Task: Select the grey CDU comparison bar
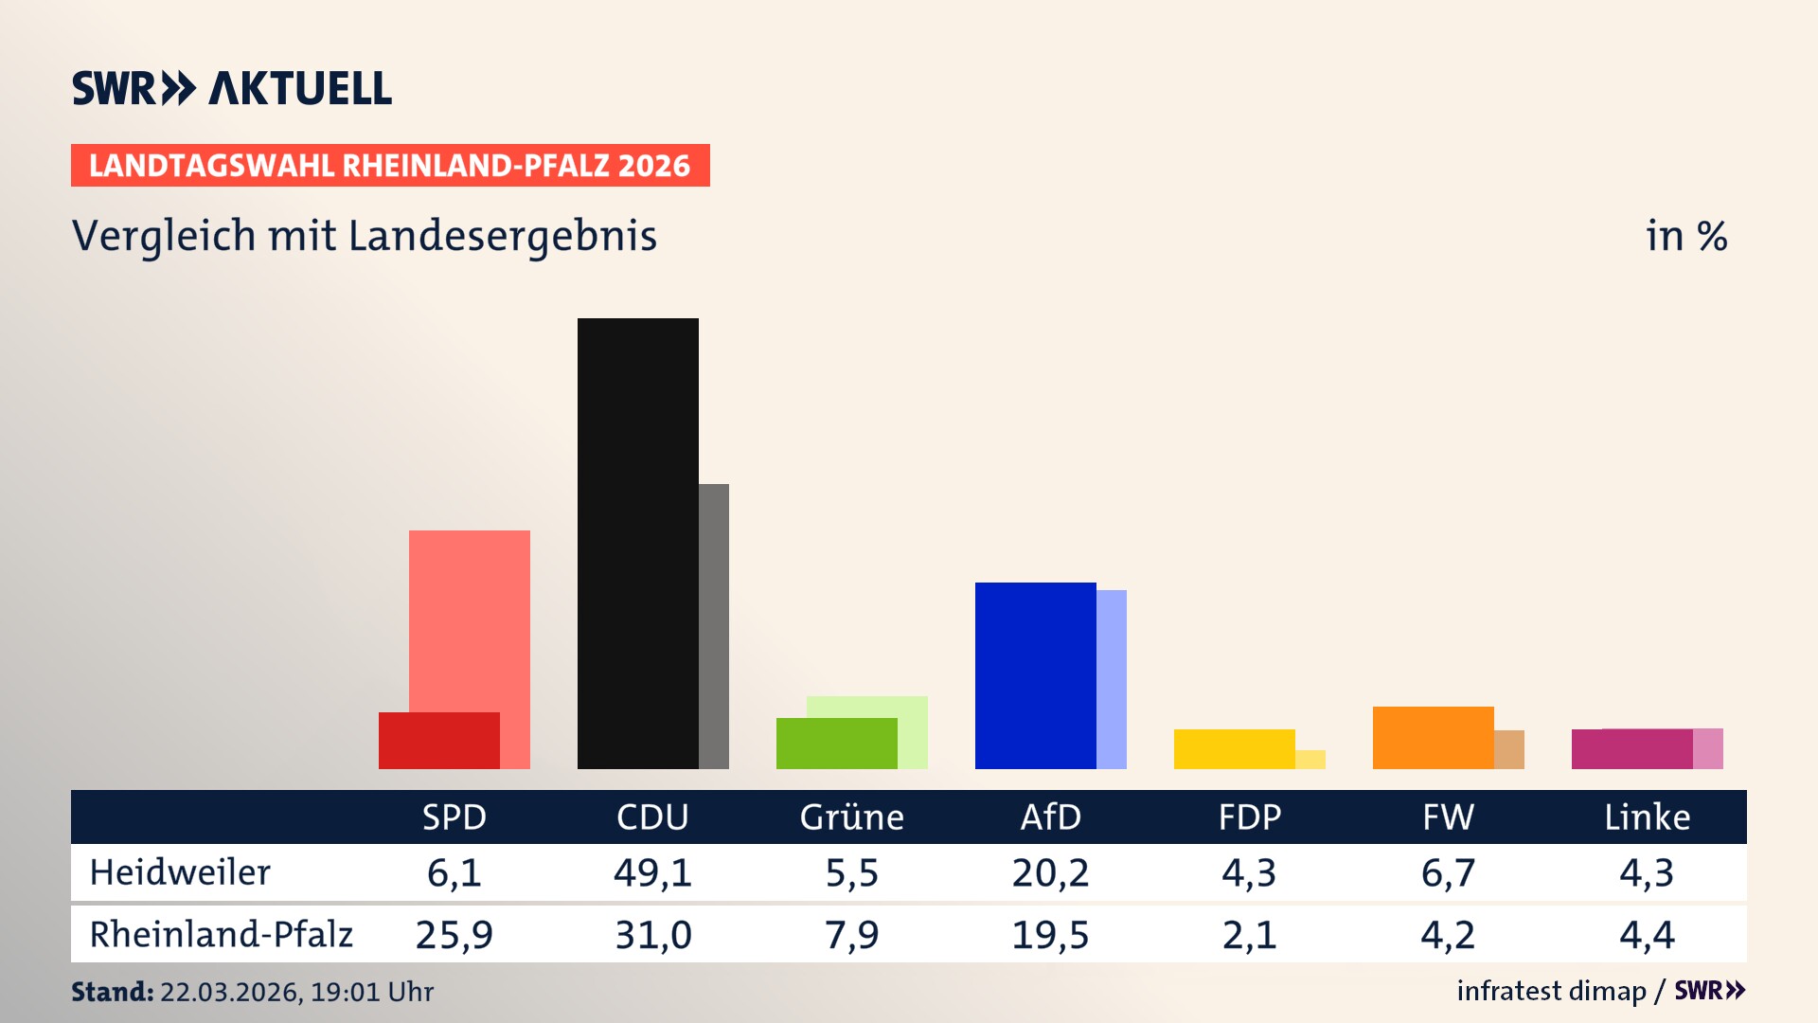pos(714,625)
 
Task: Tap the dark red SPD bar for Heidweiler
pos(438,740)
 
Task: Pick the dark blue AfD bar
pos(1035,675)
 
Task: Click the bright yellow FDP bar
pos(1234,748)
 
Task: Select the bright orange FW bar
pos(1433,737)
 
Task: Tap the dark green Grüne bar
pos(836,743)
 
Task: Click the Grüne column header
pos(851,817)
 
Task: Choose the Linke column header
pos(1647,817)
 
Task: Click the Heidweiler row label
pos(180,872)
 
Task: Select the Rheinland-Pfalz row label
pos(221,935)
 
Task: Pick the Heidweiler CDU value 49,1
pos(652,872)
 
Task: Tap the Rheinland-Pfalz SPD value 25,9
pos(454,935)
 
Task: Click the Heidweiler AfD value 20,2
pos(1050,872)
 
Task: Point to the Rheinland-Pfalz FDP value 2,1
pos(1249,935)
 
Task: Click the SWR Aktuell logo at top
pos(232,88)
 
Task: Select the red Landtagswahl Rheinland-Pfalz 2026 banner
pos(390,166)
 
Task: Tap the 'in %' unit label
pos(1685,236)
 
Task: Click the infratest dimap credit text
pos(1551,991)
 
